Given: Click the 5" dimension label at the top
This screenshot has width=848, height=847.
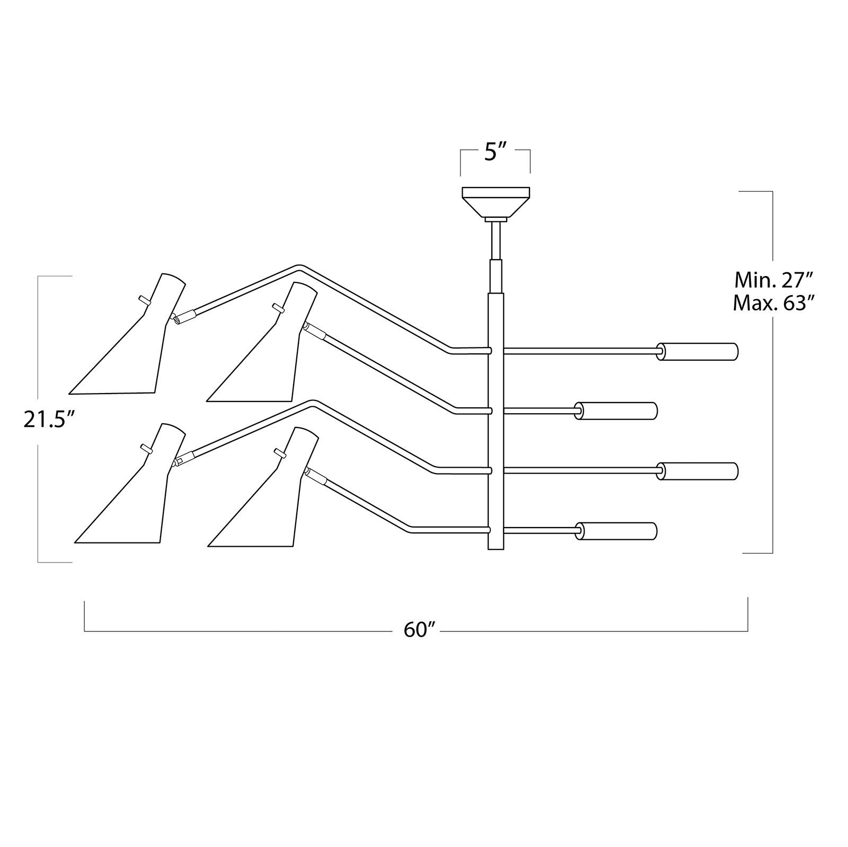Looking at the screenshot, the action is pos(496,154).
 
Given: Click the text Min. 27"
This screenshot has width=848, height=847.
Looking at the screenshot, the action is pos(773,279).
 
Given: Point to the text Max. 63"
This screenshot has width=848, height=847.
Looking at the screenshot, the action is pos(773,304).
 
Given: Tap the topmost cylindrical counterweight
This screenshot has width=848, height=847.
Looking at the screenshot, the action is pos(697,352).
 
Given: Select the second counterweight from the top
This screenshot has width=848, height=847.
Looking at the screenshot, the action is pos(616,411).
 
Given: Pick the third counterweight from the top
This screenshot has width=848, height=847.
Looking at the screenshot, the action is pos(697,471).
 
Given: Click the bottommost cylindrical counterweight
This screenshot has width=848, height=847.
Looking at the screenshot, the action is pos(616,531).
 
